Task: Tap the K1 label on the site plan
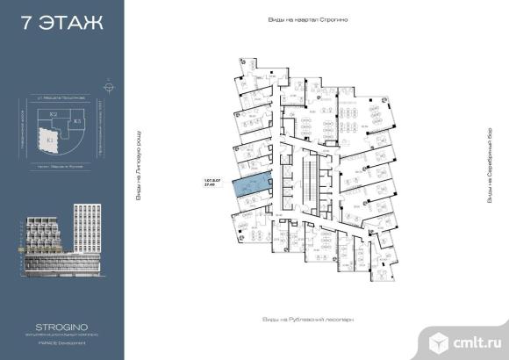point(51,138)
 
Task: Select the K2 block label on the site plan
point(53,115)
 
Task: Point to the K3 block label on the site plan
point(77,120)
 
